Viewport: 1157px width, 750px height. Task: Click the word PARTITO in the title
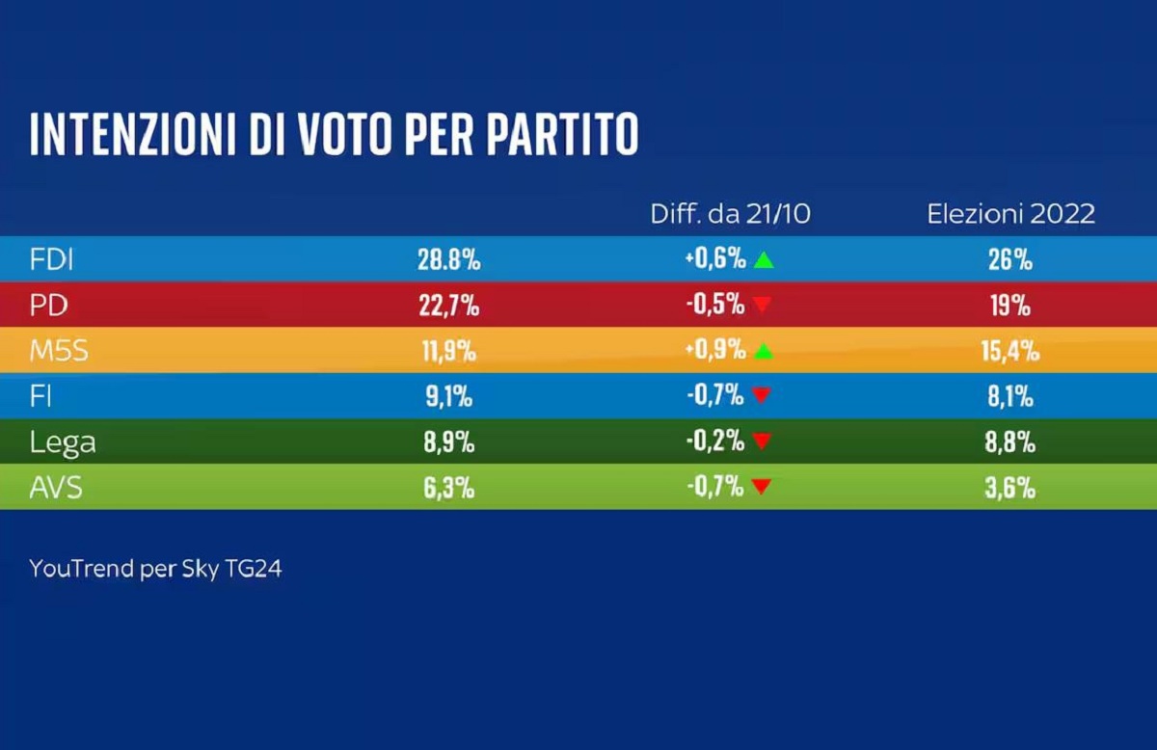point(561,135)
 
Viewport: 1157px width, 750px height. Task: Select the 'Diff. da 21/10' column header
point(730,214)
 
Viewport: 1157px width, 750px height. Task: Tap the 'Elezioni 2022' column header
point(1010,214)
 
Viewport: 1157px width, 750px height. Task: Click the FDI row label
point(51,259)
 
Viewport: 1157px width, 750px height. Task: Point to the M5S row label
point(59,351)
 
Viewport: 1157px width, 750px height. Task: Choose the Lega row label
point(63,442)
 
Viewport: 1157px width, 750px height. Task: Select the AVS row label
point(56,488)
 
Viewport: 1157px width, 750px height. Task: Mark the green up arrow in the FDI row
point(764,259)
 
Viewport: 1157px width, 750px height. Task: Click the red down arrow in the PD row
point(763,306)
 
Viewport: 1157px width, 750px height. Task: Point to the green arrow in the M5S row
point(764,351)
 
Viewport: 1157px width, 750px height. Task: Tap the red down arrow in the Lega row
point(763,442)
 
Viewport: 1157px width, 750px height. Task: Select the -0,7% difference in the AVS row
point(715,488)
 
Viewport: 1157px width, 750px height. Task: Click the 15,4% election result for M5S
point(1009,351)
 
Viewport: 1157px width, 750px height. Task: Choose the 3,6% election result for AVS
point(1009,488)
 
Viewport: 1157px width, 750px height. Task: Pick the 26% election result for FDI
point(1009,260)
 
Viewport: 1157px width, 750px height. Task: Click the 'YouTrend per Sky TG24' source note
point(155,569)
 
